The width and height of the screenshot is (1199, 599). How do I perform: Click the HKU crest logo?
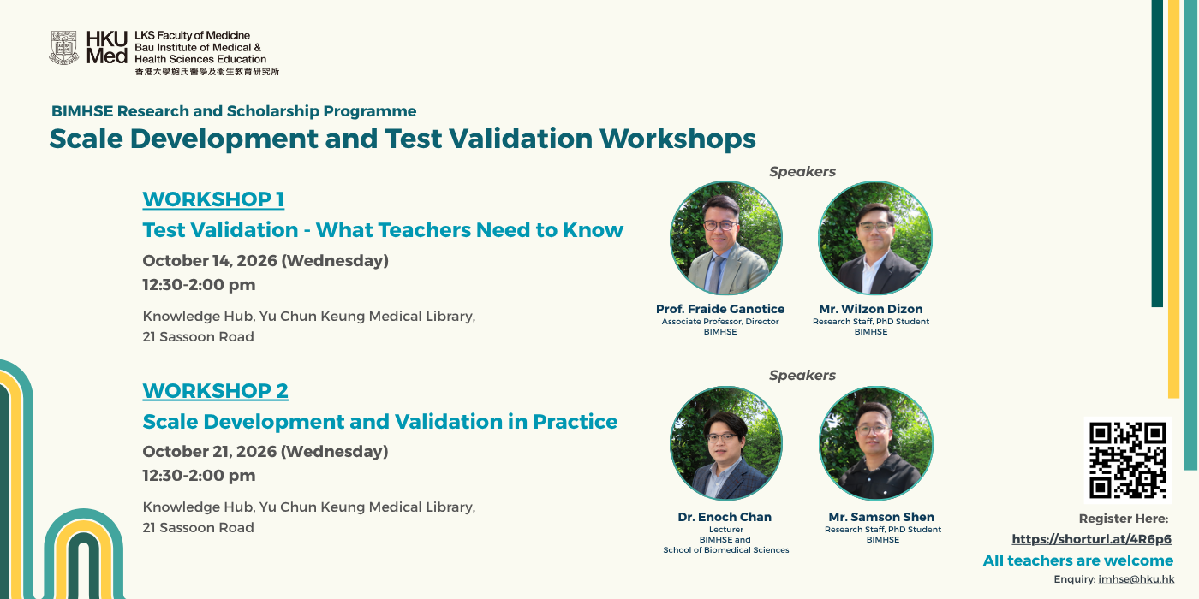click(x=63, y=48)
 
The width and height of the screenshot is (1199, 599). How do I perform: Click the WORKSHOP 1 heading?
click(x=213, y=199)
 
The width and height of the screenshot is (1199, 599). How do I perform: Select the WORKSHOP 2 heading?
click(x=215, y=391)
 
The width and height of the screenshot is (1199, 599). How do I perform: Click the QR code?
click(x=1127, y=460)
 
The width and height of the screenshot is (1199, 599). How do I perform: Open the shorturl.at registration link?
click(x=1091, y=539)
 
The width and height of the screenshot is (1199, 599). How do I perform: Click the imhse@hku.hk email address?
click(x=1136, y=579)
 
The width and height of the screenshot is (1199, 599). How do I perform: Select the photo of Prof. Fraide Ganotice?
click(x=726, y=238)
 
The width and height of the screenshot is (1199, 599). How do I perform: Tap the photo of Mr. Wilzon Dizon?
click(x=874, y=238)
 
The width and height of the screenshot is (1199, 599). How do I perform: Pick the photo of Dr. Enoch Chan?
click(x=726, y=443)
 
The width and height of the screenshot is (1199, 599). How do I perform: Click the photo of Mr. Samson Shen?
click(x=875, y=443)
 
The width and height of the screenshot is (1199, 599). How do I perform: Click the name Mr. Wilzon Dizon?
click(x=871, y=309)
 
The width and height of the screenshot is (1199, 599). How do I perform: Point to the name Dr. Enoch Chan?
click(x=725, y=517)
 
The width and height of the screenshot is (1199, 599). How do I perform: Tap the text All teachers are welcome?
click(x=1078, y=560)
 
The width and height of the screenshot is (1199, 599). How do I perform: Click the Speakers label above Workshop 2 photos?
click(x=802, y=376)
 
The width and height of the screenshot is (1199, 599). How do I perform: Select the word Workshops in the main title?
click(x=677, y=139)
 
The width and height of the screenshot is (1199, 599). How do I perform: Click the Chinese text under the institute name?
click(x=207, y=72)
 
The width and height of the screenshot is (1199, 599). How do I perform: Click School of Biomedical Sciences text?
click(x=726, y=549)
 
